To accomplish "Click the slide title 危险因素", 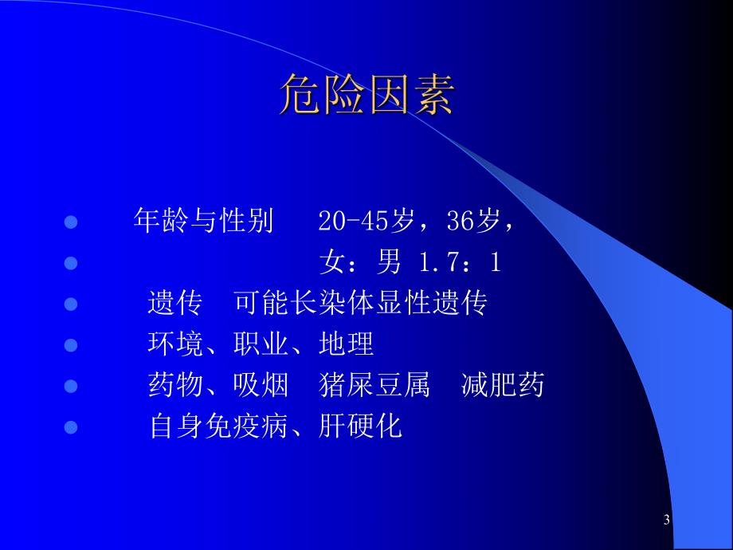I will tap(366, 97).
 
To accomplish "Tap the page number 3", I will tap(666, 521).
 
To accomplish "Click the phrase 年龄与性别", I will tap(203, 222).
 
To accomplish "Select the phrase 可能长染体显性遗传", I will tap(361, 304).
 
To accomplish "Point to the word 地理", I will tap(346, 344).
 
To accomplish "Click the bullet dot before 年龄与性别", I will tap(70, 222).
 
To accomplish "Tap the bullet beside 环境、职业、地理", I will tap(70, 345).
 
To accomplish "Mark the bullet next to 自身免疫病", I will tap(70, 428).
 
